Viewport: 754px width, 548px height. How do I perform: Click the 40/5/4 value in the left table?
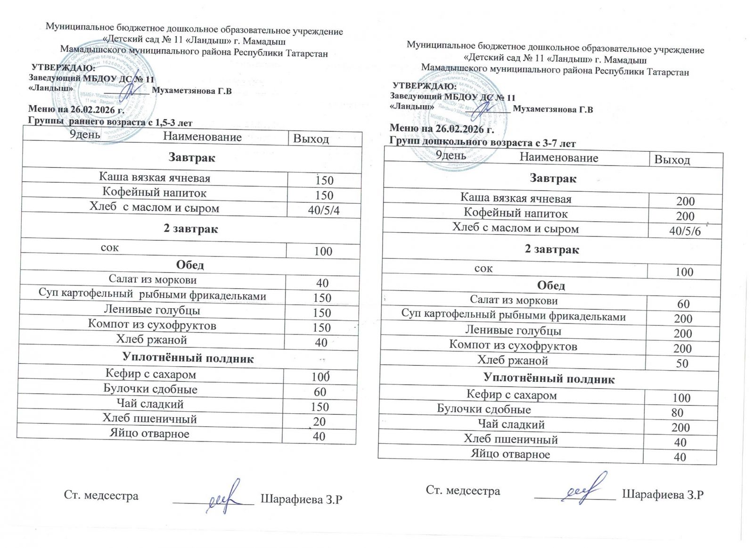tap(323, 210)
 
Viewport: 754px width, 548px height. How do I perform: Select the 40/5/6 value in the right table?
tap(685, 231)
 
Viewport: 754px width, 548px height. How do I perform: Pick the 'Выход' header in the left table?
tap(311, 139)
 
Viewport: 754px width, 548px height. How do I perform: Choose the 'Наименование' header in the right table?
tap(558, 158)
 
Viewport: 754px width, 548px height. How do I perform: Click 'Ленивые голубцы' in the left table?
tap(152, 310)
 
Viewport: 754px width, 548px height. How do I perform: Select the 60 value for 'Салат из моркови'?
tap(683, 304)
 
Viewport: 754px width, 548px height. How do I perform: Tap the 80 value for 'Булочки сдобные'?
tap(677, 413)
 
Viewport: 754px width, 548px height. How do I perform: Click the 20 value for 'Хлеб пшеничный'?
tap(319, 422)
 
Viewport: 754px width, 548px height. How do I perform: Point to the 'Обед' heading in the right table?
tap(551, 286)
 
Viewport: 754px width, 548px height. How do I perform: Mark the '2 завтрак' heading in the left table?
tap(190, 229)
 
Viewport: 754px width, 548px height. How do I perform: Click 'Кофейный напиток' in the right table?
tap(516, 213)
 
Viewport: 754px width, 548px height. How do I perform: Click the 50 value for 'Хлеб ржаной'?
tap(682, 363)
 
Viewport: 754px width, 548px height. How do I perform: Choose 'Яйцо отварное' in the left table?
tap(149, 434)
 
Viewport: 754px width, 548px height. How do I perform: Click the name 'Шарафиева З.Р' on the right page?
tap(663, 495)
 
